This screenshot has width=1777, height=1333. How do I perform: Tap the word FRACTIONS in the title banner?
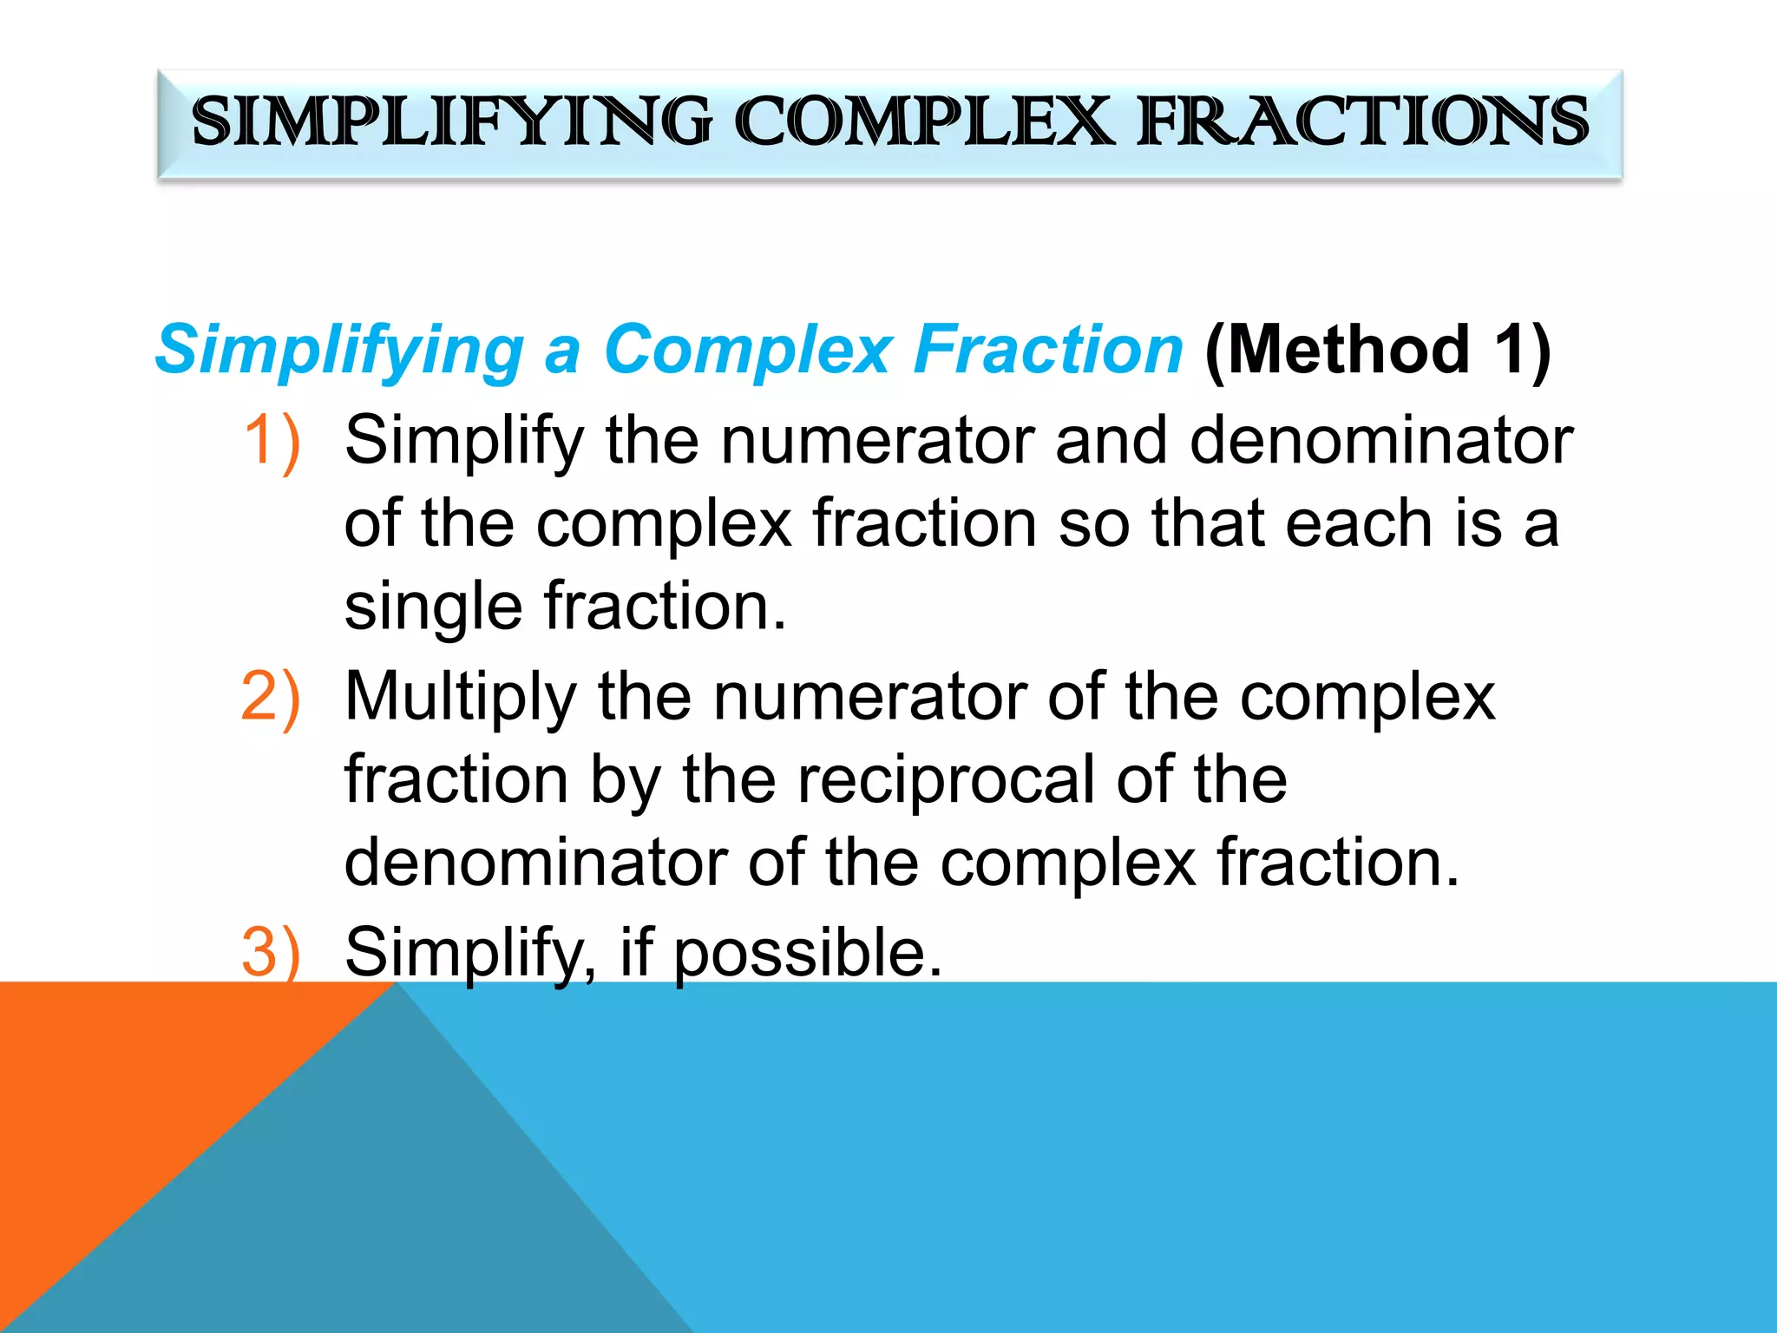[1362, 121]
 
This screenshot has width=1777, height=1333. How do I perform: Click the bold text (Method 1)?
[1378, 350]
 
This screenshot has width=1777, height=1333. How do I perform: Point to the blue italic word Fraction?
[1048, 350]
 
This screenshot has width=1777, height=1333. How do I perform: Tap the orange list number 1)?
[272, 441]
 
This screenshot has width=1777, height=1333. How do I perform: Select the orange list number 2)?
[271, 697]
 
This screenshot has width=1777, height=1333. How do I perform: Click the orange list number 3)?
[271, 952]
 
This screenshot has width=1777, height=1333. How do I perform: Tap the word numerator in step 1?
[876, 441]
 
